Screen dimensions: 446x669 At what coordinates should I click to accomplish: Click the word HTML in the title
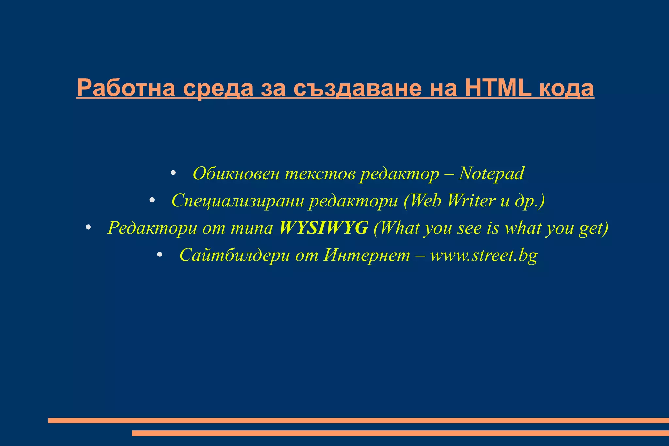tap(500, 88)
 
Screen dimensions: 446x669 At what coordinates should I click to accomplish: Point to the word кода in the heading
tap(566, 88)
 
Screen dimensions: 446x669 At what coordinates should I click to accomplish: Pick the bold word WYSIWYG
tap(324, 228)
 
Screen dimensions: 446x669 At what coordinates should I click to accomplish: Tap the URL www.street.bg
tap(484, 255)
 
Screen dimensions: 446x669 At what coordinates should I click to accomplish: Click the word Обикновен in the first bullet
tap(236, 173)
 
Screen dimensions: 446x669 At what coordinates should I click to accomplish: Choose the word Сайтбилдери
tap(235, 255)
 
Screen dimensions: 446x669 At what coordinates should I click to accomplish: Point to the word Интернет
tap(367, 255)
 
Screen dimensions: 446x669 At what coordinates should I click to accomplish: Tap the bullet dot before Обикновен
tap(173, 173)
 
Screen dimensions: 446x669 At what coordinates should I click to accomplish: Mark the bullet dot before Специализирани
tap(152, 200)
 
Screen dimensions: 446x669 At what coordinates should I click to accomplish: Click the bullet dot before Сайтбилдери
tap(159, 254)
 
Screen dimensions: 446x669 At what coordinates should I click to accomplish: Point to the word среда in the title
tap(218, 88)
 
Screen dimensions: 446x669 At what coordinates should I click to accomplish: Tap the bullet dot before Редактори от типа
tap(88, 227)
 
